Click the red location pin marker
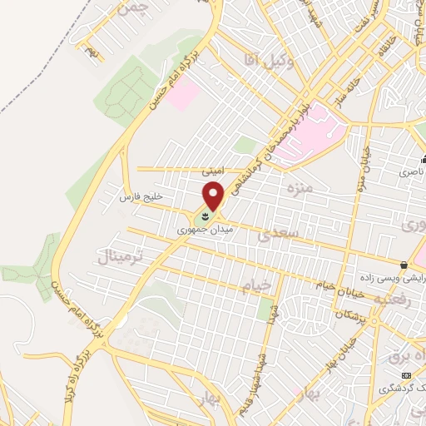point(214,196)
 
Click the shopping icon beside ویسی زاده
point(404,265)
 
